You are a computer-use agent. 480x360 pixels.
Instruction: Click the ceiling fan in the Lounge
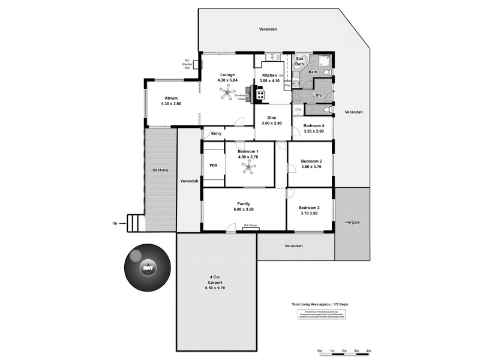click(x=227, y=92)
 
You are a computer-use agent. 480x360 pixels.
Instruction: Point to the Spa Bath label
click(x=299, y=61)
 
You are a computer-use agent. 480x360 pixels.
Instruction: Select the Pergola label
click(x=352, y=222)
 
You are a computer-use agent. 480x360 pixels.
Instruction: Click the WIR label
click(x=213, y=165)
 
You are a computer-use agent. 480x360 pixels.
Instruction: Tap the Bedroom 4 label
click(x=314, y=125)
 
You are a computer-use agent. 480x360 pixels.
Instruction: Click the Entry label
click(x=217, y=133)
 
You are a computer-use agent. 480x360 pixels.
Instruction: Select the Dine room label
click(x=272, y=117)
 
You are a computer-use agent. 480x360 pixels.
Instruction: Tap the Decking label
click(x=160, y=170)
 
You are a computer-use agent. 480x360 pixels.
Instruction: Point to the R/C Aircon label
click(x=250, y=226)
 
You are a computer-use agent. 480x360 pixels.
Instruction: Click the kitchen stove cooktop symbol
click(x=260, y=93)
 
